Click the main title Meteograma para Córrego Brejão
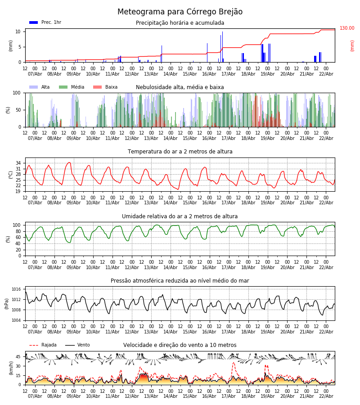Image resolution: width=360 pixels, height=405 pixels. [x=180, y=12]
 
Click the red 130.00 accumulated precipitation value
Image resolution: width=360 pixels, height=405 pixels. [x=347, y=28]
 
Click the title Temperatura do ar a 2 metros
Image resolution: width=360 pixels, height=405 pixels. [x=180, y=152]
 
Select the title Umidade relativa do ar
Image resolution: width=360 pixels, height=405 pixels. [x=180, y=216]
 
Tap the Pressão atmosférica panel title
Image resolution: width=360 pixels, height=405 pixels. [x=180, y=281]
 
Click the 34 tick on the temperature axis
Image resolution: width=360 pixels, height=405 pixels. [x=18, y=163]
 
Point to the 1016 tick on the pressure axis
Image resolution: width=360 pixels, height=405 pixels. [x=17, y=289]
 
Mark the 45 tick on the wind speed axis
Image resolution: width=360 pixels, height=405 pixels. [x=18, y=357]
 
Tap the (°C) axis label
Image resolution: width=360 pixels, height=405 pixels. [x=11, y=174]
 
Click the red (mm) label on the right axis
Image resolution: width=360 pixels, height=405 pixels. [x=352, y=45]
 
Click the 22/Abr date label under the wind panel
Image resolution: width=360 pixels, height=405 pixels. [x=326, y=396]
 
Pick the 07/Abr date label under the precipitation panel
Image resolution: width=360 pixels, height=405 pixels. [x=35, y=74]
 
